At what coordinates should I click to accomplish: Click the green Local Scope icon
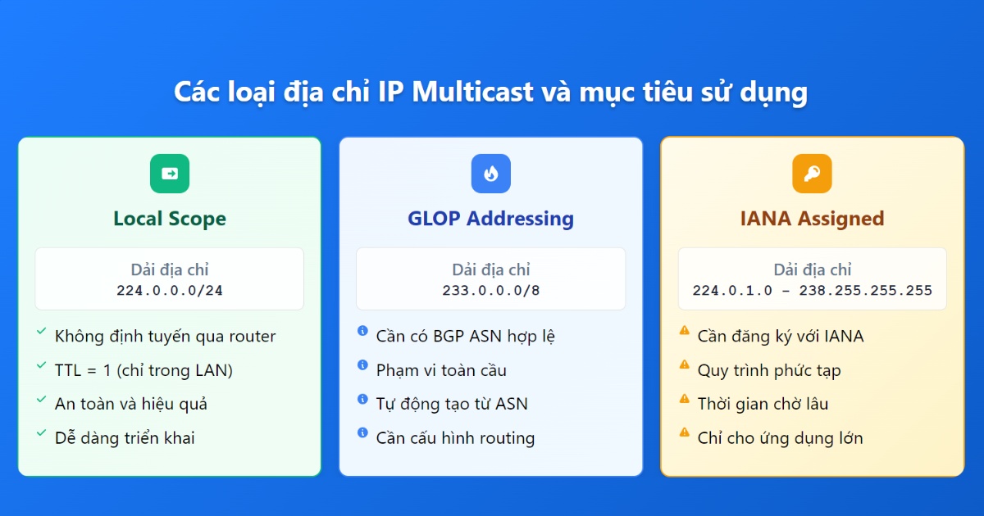click(170, 174)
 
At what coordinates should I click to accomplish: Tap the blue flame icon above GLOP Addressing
click(490, 174)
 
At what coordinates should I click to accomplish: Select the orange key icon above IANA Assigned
click(812, 174)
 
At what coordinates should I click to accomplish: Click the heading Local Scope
click(170, 219)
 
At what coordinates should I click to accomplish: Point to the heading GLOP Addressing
click(490, 219)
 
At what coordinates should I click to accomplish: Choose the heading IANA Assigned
click(812, 219)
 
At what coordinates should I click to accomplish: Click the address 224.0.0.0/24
click(170, 290)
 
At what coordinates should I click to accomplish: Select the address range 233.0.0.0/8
click(490, 290)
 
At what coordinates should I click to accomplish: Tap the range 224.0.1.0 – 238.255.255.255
click(812, 290)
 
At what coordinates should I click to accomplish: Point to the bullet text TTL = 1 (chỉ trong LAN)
click(143, 370)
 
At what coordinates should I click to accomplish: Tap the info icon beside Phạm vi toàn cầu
click(362, 365)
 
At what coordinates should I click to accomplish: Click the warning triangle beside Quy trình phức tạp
click(684, 365)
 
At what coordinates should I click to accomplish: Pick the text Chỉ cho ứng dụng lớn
click(780, 438)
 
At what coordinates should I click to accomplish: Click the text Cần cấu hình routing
click(455, 438)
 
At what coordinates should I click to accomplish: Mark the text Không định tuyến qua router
click(165, 336)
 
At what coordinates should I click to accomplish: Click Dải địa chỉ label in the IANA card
click(812, 269)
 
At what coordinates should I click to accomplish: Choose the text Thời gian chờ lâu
click(763, 404)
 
